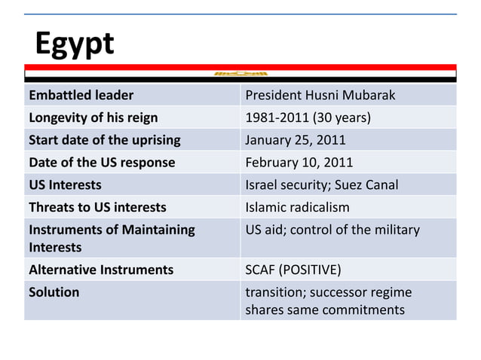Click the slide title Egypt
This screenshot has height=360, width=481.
tap(75, 44)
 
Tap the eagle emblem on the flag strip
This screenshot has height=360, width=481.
tap(240, 74)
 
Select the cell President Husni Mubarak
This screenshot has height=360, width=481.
tap(320, 96)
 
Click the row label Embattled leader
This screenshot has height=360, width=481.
tap(81, 96)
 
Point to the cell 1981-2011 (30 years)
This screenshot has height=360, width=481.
tap(308, 117)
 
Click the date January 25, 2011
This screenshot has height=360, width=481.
tap(296, 140)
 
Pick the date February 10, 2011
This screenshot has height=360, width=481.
tap(299, 163)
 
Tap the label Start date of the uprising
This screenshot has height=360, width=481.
tap(104, 140)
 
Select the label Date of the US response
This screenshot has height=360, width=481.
tap(101, 163)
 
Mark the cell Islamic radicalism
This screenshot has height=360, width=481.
tap(298, 207)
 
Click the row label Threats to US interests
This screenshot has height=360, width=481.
tap(97, 207)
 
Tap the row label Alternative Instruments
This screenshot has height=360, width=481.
tap(100, 270)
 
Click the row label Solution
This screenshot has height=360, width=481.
tap(54, 292)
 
